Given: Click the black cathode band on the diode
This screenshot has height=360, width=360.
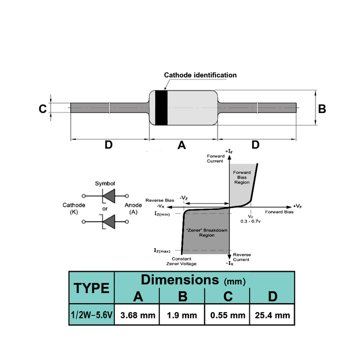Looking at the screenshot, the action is [x=161, y=108].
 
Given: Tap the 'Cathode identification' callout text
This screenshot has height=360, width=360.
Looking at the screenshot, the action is [x=200, y=75].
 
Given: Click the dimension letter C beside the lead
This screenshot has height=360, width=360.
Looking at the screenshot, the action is [x=43, y=109].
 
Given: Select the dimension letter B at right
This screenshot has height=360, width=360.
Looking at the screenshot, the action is [x=322, y=109].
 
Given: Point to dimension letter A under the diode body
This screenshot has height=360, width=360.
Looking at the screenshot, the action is [x=182, y=145].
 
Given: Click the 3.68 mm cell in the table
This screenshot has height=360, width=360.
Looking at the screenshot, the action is [x=138, y=315].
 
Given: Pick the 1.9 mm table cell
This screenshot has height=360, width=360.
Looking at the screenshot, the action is [x=182, y=315].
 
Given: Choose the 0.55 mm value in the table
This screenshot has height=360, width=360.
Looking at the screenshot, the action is [x=228, y=315].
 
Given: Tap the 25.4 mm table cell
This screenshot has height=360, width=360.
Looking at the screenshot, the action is [x=272, y=315].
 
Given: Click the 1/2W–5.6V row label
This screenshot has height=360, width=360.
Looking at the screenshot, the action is [x=92, y=315].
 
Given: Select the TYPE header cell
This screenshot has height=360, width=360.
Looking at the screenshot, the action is [x=91, y=288].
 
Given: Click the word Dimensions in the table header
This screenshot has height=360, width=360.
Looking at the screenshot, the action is [x=180, y=280].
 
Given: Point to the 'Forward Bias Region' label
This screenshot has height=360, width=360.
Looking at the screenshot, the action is [x=242, y=177].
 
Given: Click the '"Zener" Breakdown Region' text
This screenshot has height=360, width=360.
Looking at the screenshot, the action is [x=206, y=232].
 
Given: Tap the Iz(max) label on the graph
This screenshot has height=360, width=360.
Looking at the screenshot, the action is [x=162, y=250].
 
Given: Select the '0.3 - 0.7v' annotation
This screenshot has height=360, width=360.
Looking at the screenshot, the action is [x=250, y=221].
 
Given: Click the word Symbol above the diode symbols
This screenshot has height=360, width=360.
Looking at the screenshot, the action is [x=105, y=183].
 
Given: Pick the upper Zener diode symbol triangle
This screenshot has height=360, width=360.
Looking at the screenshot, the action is [x=109, y=196].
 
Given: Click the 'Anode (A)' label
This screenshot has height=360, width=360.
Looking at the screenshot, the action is [x=133, y=208].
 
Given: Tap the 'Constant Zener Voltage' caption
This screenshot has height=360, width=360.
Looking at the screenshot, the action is [x=181, y=261].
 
